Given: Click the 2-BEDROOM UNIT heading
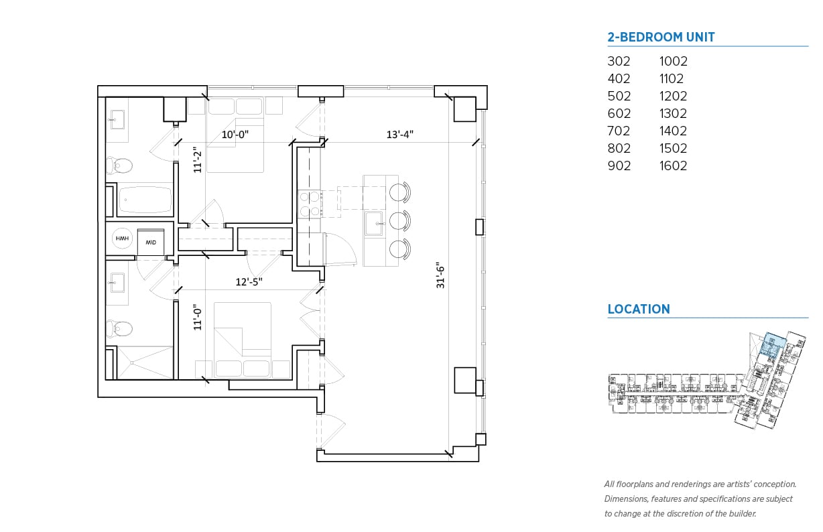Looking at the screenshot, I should coord(661,38).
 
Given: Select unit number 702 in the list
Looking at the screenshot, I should coord(619,131).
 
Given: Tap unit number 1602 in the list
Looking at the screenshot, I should coord(673,165).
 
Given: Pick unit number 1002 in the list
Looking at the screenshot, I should coord(673,61).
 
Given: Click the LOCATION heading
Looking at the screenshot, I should coord(638,309).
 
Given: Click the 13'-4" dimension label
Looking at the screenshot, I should coord(400,134).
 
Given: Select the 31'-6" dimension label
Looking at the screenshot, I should coord(440,275).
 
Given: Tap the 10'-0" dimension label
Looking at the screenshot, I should coord(236,134).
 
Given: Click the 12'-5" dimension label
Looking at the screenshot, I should coord(249,282).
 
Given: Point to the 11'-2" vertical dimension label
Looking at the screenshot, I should coord(196,160).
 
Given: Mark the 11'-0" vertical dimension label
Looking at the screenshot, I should coord(197,318).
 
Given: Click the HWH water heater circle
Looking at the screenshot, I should coord(121,239).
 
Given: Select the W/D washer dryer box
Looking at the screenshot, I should coord(151,241).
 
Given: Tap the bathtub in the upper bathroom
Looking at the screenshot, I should coord(145,199).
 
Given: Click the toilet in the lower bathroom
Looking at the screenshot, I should coord(120,329).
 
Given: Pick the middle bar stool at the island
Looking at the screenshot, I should coord(399,220).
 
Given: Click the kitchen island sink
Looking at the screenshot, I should coord(374,222).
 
